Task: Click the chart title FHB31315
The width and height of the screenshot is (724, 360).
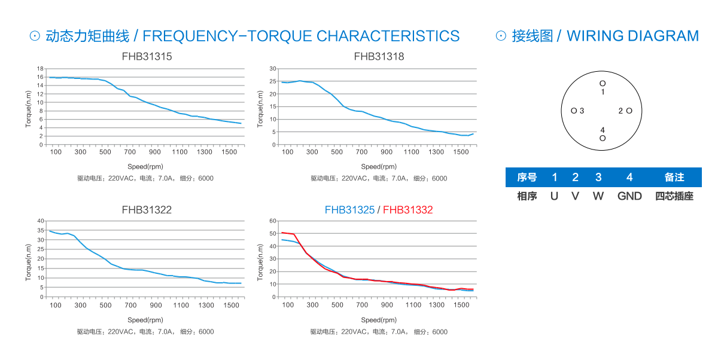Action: pyautogui.click(x=147, y=57)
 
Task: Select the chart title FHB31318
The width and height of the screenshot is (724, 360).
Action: pyautogui.click(x=379, y=57)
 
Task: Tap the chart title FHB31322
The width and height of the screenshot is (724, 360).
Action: pyautogui.click(x=147, y=210)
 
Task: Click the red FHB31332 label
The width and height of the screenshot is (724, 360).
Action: pyautogui.click(x=407, y=210)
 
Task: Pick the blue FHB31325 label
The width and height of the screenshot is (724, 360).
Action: pyautogui.click(x=349, y=210)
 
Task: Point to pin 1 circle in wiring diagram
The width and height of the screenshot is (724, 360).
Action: pyautogui.click(x=603, y=83)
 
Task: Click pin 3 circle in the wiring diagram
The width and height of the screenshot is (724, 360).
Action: pyautogui.click(x=574, y=111)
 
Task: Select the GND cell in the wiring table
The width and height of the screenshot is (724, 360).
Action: pyautogui.click(x=629, y=196)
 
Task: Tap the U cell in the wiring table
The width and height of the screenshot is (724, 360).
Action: pyautogui.click(x=554, y=196)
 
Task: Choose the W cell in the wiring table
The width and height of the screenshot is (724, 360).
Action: pyautogui.click(x=598, y=196)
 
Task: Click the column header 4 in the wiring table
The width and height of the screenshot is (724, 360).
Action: pyautogui.click(x=629, y=178)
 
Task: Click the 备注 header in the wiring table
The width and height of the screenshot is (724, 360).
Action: pyautogui.click(x=674, y=178)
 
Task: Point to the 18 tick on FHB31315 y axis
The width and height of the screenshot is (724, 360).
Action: pyautogui.click(x=40, y=68)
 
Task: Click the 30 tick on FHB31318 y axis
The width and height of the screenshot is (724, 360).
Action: pyautogui.click(x=273, y=68)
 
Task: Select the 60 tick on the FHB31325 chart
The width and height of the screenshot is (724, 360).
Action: pyautogui.click(x=273, y=221)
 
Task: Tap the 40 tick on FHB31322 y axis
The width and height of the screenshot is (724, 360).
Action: pyautogui.click(x=40, y=221)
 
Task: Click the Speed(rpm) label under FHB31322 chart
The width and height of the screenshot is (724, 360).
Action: pyautogui.click(x=145, y=320)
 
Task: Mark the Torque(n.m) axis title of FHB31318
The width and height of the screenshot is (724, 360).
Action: pyautogui.click(x=260, y=109)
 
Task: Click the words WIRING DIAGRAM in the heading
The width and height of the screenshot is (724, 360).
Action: pyautogui.click(x=632, y=36)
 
